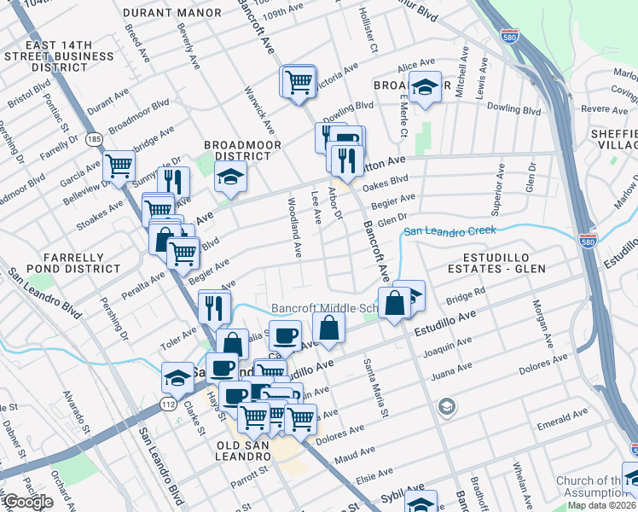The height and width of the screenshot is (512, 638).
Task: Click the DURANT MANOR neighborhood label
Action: tap(172, 13)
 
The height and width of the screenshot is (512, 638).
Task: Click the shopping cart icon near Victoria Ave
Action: tap(299, 82)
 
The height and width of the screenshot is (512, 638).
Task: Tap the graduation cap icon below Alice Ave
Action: tap(424, 87)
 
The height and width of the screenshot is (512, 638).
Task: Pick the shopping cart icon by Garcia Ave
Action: tap(119, 165)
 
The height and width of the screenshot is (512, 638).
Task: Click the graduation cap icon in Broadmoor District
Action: tap(229, 177)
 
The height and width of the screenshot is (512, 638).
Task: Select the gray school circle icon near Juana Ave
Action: tap(446, 407)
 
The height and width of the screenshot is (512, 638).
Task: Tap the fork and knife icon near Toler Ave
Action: tap(213, 305)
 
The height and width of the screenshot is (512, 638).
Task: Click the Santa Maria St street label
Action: tap(376, 389)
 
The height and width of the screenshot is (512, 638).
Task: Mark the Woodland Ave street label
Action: tap(295, 229)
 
